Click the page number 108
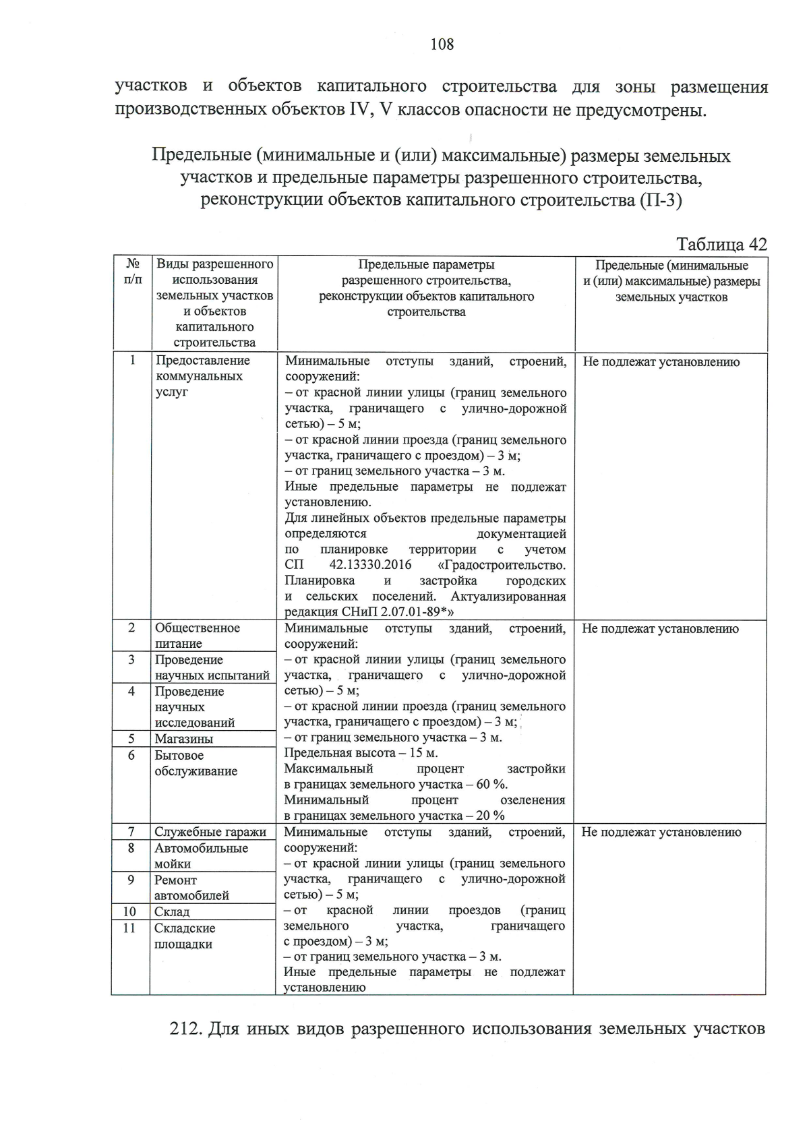[x=442, y=44]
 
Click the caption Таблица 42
[x=721, y=244]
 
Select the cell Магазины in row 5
[x=183, y=739]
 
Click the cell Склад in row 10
[x=172, y=911]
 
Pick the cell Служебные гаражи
[x=210, y=832]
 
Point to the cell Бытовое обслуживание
[x=196, y=763]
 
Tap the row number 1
[x=133, y=360]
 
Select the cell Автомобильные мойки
[x=200, y=856]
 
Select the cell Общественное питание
[x=197, y=635]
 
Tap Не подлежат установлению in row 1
[x=661, y=362]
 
